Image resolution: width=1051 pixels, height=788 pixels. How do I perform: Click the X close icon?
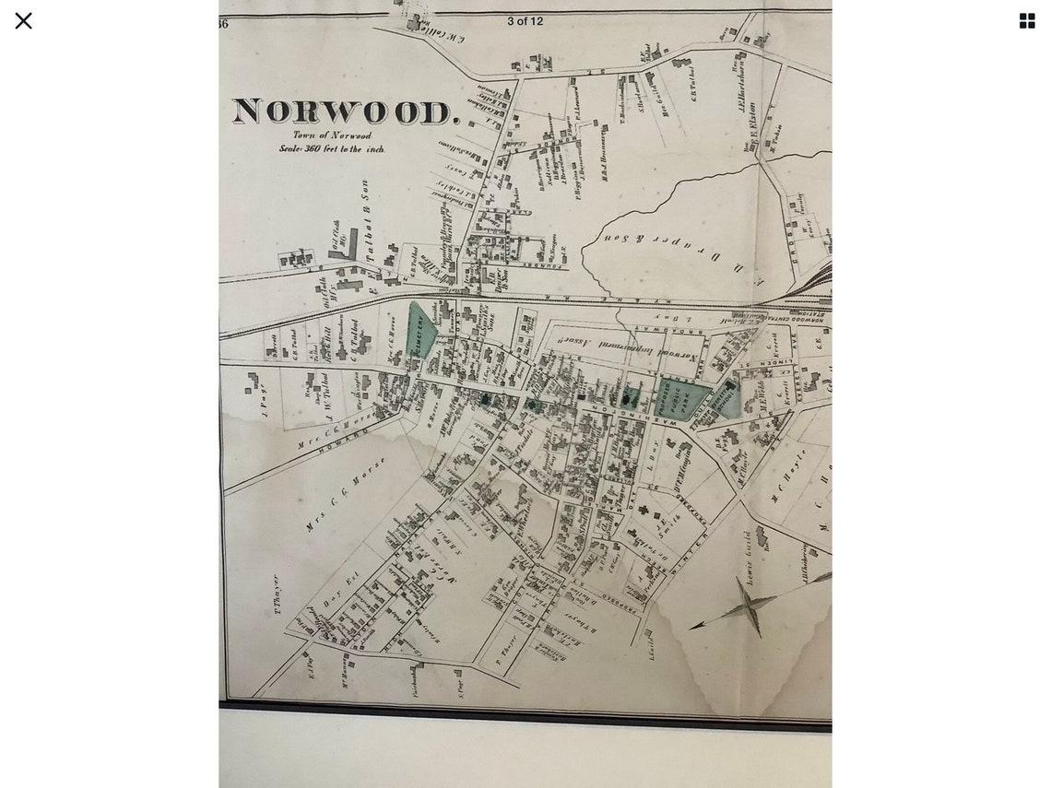tap(23, 20)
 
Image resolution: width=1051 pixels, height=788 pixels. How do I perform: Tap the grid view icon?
tap(1027, 20)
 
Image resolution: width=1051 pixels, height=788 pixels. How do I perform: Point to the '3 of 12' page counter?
tap(525, 21)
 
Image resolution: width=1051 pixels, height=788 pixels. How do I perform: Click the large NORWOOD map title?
tap(345, 112)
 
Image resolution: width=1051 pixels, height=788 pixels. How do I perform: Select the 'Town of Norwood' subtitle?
tap(332, 135)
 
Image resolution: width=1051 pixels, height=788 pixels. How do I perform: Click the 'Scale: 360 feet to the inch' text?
tap(332, 148)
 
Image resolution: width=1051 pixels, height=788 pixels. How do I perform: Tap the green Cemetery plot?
tap(420, 329)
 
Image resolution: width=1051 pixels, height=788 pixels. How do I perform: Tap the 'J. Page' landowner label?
tap(263, 399)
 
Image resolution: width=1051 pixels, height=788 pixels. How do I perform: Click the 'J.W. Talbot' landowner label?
tap(325, 392)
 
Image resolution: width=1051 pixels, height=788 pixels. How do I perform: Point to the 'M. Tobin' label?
tap(775, 138)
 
